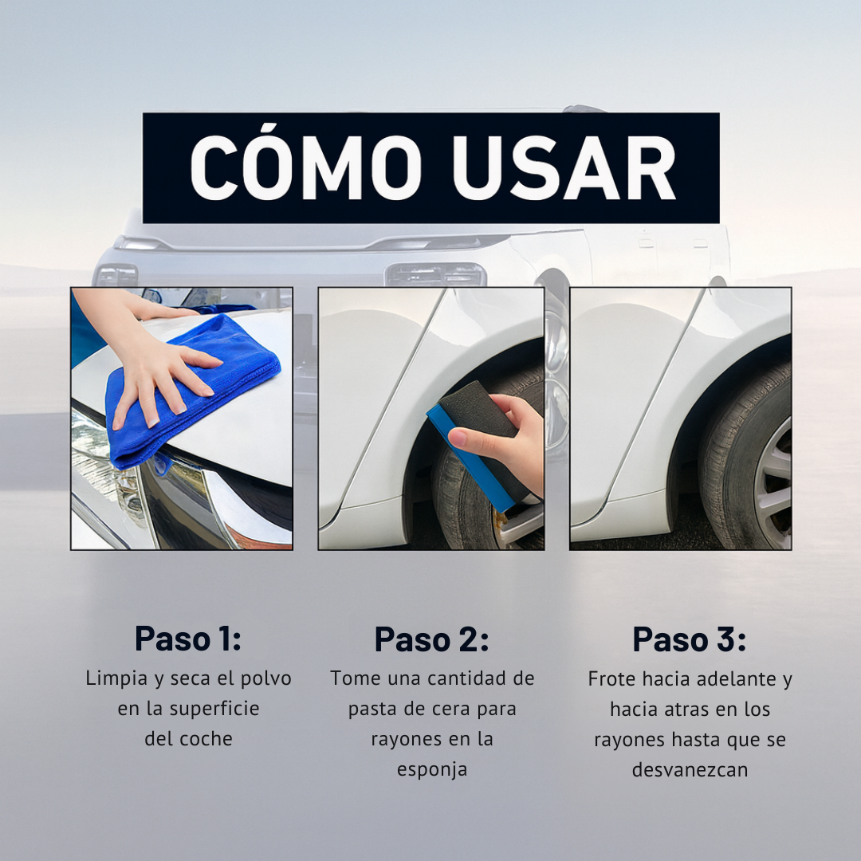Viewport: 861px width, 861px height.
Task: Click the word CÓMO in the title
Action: coord(306,169)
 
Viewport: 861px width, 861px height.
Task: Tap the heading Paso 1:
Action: coord(188,639)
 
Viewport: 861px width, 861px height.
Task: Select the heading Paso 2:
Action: coord(431,639)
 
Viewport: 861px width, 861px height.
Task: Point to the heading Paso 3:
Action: coord(690,639)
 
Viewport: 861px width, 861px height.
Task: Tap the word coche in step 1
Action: coord(209,739)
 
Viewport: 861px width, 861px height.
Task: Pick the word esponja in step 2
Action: coord(432,770)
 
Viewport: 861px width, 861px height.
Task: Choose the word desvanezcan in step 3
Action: coord(690,771)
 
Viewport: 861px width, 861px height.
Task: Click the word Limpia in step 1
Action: coord(116,679)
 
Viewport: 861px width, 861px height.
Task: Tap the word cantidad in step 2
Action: coord(467,679)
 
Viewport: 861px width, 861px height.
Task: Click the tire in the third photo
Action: coord(729,470)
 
